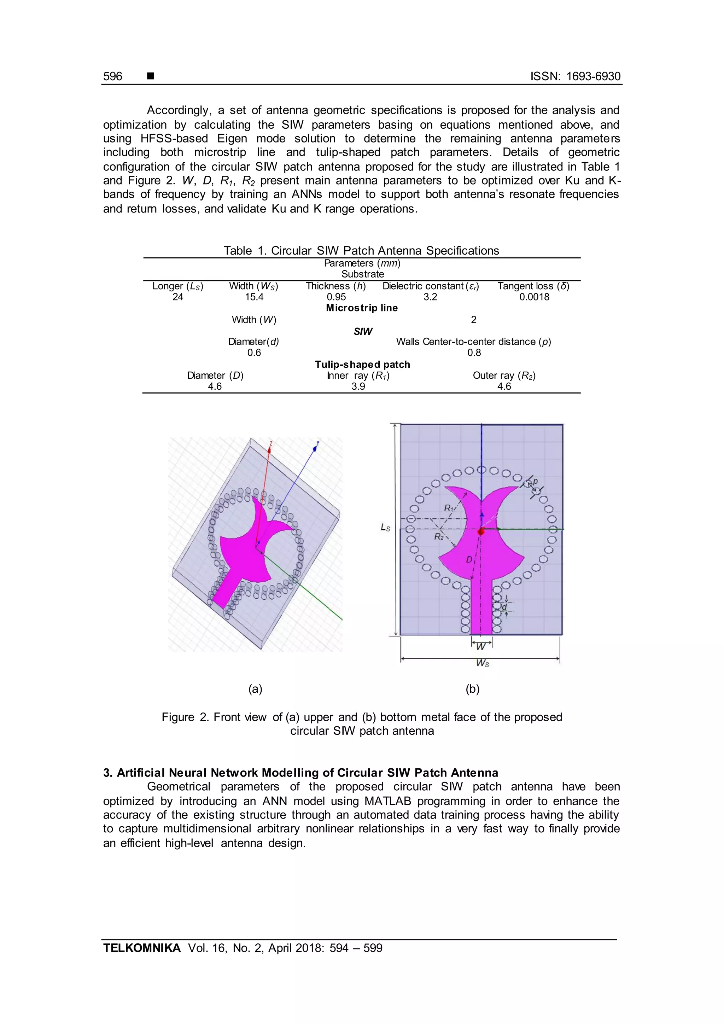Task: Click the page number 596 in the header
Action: [x=112, y=76]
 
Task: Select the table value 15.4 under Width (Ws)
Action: [x=254, y=297]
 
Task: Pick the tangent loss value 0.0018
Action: [x=534, y=297]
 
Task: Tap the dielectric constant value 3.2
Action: [x=430, y=297]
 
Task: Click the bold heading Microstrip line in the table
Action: [x=362, y=308]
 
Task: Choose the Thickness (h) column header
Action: [x=336, y=286]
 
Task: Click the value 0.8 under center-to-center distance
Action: [x=474, y=353]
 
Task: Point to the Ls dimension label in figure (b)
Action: [x=385, y=527]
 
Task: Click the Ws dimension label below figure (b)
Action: [x=482, y=663]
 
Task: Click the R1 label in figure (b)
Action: [x=449, y=508]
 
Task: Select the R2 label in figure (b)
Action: [x=439, y=536]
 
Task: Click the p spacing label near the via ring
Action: [x=536, y=482]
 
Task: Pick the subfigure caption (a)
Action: [x=255, y=689]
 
